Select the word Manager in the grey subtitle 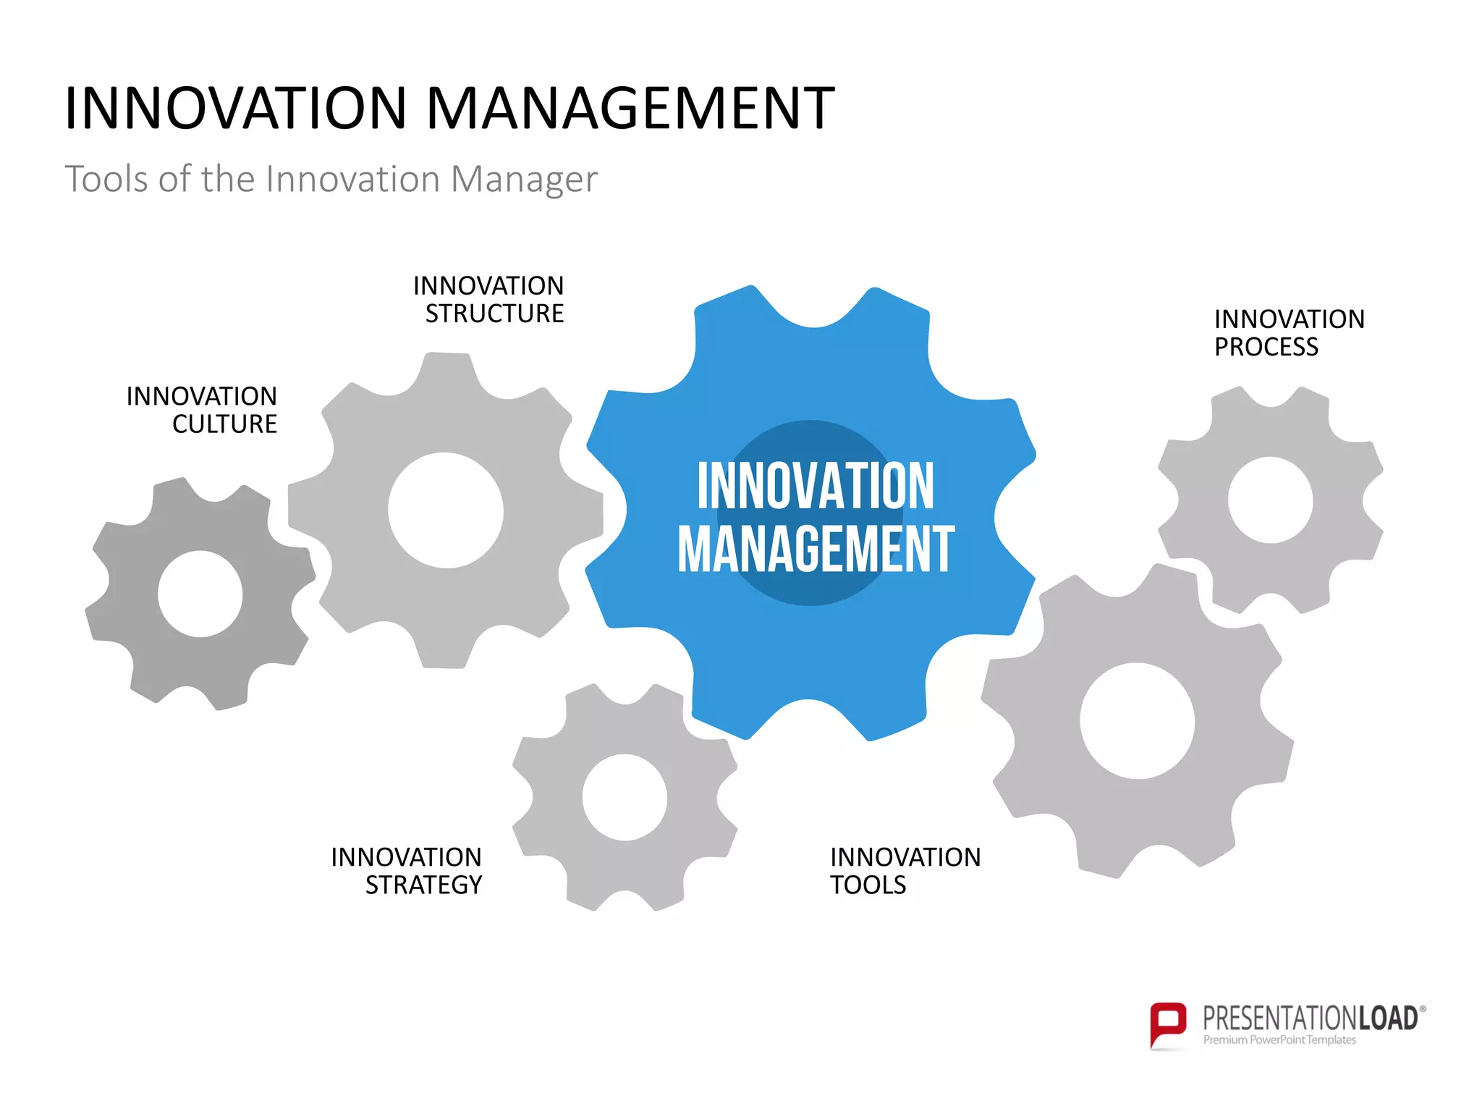pos(524,179)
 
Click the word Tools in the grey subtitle pos(106,179)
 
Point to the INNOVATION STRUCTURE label pos(489,300)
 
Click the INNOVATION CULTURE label pos(202,410)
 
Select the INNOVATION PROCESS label pos(1289,333)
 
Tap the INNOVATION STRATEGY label pos(407,871)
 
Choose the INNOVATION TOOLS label pos(905,871)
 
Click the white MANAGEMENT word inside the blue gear pos(816,550)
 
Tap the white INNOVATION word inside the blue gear pos(816,486)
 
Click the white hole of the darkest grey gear pos(200,594)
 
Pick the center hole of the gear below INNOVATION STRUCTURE pos(446,510)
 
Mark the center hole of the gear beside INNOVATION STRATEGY pos(624,797)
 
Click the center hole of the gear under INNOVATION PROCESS pos(1270,500)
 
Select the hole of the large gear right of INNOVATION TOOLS pos(1137,721)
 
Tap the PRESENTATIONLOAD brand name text pos(1310,1019)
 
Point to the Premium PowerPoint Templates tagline pos(1279,1040)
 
